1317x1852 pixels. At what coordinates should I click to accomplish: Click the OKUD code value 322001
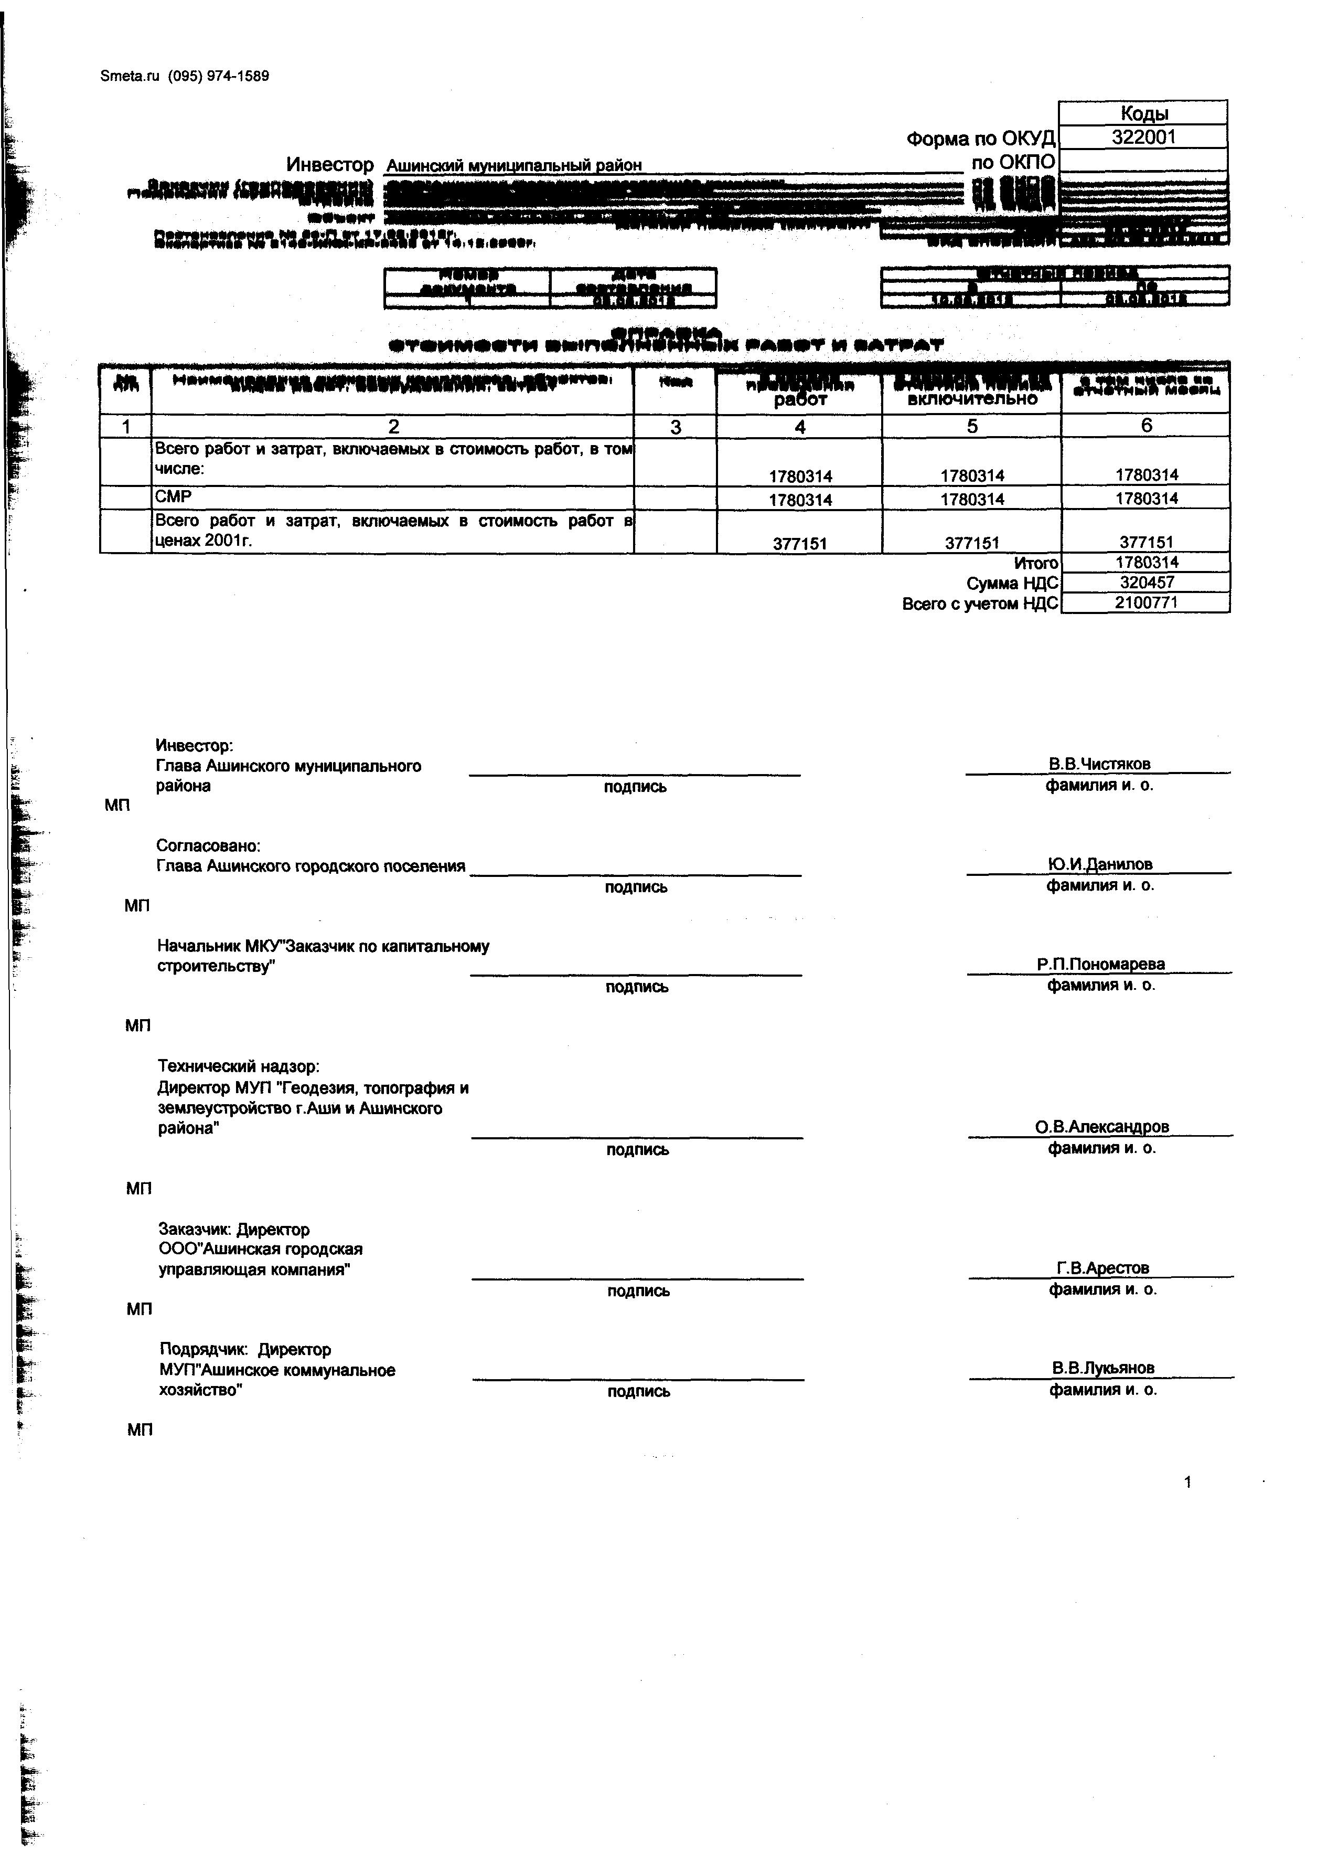[1143, 137]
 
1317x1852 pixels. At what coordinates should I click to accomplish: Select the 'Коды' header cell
[1143, 113]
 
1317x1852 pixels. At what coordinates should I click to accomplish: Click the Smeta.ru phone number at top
[219, 76]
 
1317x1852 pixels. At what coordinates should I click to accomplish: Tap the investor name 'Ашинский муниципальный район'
[513, 165]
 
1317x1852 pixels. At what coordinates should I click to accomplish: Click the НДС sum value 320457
[1147, 583]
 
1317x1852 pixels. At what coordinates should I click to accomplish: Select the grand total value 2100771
[1147, 603]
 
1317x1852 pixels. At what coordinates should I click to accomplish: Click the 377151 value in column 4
[800, 544]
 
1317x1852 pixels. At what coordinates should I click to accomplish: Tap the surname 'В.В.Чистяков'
[1099, 764]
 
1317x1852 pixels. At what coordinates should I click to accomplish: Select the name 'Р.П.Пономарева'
[1100, 965]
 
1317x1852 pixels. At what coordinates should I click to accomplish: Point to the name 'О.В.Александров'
[1101, 1127]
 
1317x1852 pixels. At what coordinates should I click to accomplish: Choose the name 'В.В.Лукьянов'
[1103, 1368]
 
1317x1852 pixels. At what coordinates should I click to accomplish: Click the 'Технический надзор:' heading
[239, 1066]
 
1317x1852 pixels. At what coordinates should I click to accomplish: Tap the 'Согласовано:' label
[208, 846]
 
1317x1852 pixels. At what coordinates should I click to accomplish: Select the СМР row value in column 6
[1147, 498]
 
